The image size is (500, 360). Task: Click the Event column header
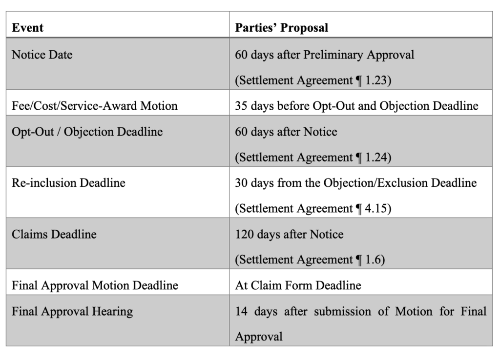27,27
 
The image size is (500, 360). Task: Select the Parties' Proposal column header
281,27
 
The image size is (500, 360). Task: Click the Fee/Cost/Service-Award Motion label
94,105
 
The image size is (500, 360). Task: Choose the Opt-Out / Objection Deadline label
87,131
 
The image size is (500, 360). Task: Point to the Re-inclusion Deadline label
68,183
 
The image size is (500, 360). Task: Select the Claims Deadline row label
54,234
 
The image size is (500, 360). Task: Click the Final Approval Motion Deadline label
95,285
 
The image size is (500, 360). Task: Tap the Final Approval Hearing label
72,311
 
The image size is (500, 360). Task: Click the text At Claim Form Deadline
298,285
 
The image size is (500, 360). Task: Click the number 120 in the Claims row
244,234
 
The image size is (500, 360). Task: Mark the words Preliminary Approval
358,54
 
